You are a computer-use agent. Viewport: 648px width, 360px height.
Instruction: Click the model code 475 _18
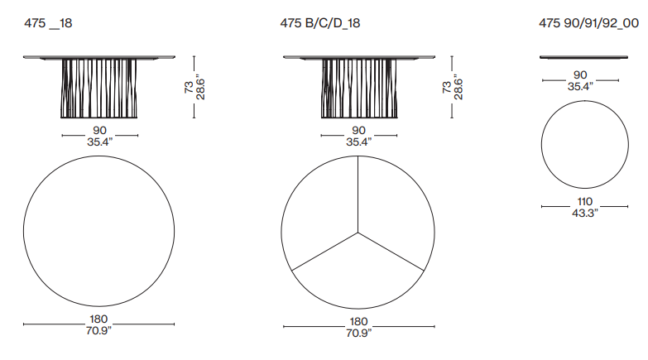tap(48, 23)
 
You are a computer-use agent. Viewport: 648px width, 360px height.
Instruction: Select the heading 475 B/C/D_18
tap(320, 23)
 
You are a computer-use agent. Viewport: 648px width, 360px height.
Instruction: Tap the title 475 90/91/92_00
tap(589, 23)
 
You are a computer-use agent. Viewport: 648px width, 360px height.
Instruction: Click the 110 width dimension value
tap(585, 201)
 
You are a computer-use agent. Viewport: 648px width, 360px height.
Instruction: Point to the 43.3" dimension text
tap(585, 213)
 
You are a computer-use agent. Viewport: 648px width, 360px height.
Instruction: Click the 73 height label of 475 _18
tap(189, 87)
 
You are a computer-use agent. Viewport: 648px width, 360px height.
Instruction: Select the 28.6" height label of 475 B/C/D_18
tap(458, 87)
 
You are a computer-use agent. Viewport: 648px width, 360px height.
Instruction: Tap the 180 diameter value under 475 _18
tap(98, 319)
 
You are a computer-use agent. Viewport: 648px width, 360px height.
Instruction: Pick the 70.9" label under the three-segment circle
tap(358, 333)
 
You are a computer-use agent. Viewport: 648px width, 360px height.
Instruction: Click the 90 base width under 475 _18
tap(99, 130)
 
